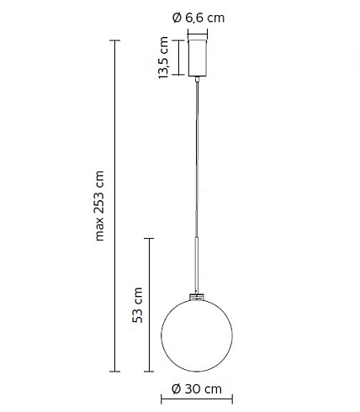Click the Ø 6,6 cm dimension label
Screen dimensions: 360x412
(x=199, y=18)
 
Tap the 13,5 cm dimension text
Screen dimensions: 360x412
(x=163, y=58)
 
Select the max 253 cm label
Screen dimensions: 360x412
(x=99, y=206)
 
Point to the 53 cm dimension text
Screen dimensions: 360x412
(x=138, y=305)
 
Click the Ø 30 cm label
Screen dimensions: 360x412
(x=197, y=389)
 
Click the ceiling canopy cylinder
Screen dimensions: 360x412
(x=198, y=58)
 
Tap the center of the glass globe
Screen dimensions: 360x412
(x=197, y=335)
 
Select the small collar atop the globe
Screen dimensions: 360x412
(x=197, y=297)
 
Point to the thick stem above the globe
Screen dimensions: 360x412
(x=197, y=266)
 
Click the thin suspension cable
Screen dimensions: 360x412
(x=197, y=160)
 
